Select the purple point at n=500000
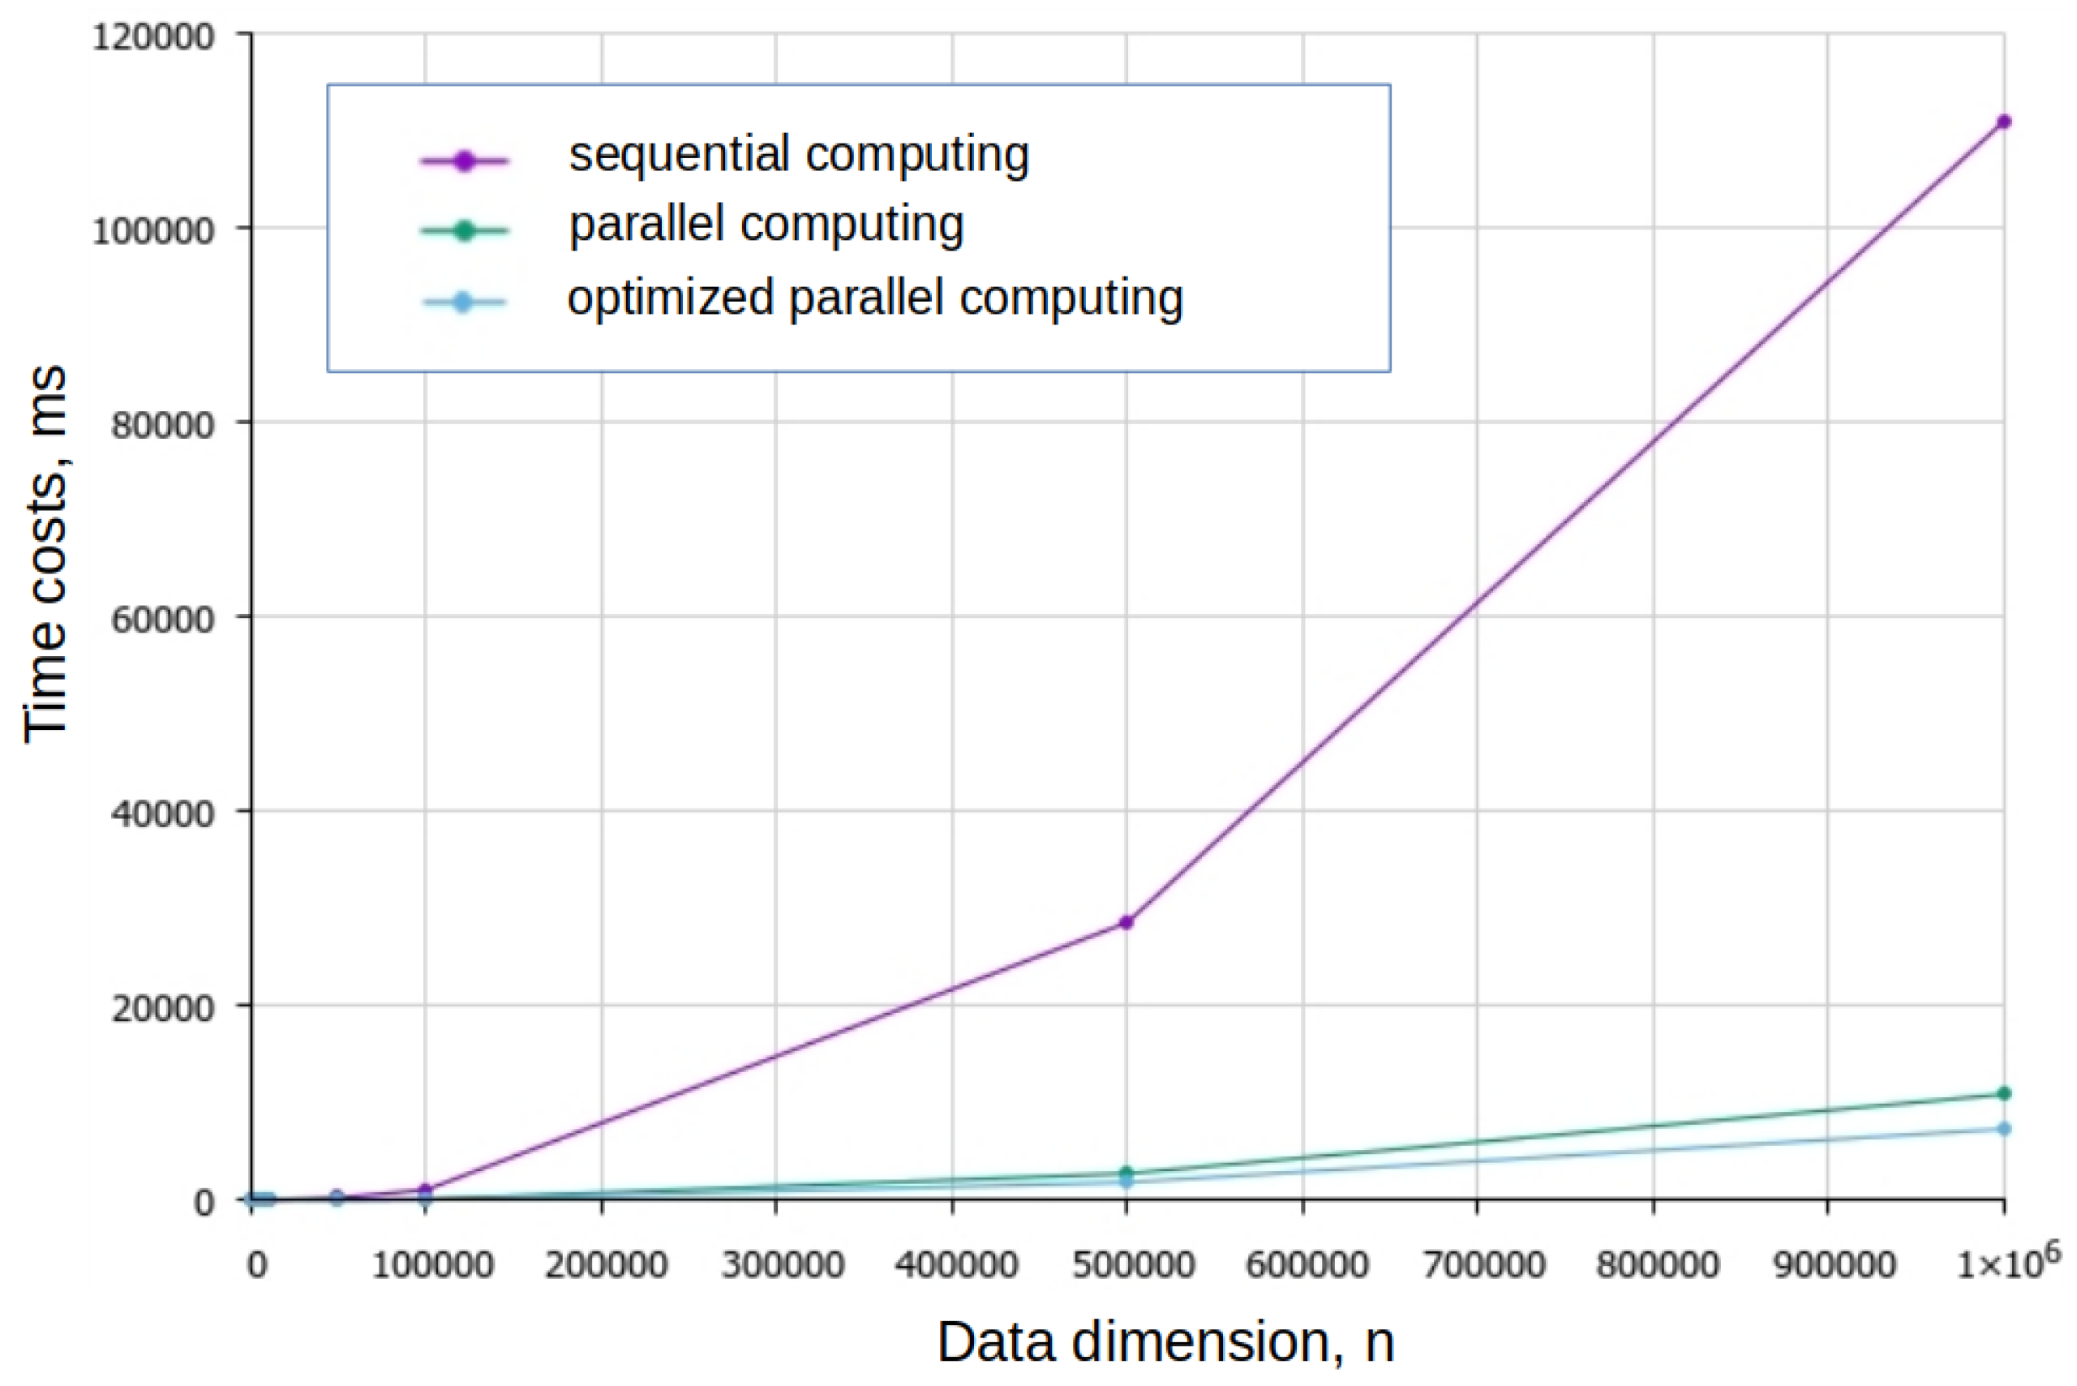tap(1126, 922)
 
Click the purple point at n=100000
tap(425, 1190)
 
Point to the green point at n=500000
tap(1126, 1173)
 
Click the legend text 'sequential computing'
tap(798, 155)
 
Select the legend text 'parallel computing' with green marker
tap(766, 225)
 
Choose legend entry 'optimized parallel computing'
tap(875, 298)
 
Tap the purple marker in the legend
tap(465, 161)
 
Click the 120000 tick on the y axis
tap(153, 37)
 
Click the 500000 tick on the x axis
tap(1132, 1265)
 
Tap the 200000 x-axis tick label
tap(606, 1265)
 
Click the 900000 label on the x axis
tap(1834, 1265)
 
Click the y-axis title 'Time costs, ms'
tap(46, 555)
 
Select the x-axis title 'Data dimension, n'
tap(1165, 1342)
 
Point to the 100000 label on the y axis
tap(153, 230)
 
